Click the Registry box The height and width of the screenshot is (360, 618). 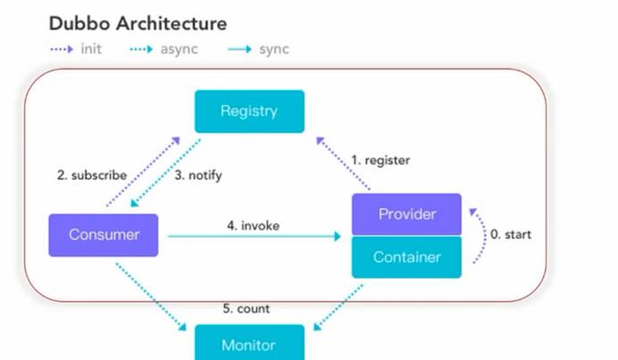click(249, 111)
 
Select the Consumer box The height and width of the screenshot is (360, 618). click(104, 235)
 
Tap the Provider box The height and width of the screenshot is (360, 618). click(406, 214)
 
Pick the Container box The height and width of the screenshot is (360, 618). click(406, 257)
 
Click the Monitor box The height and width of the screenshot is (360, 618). click(249, 342)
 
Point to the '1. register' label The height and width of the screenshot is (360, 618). click(380, 160)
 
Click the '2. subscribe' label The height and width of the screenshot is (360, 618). click(92, 175)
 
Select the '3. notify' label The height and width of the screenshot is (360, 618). click(198, 175)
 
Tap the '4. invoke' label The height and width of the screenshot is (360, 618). click(253, 225)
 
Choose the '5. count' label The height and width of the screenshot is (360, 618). click(246, 308)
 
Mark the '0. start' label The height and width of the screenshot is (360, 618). click(511, 234)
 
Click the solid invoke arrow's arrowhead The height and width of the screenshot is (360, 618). click(338, 236)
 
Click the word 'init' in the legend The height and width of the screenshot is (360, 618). click(91, 49)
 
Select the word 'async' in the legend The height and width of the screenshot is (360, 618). click(179, 49)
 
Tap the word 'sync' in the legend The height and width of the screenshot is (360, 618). click(274, 49)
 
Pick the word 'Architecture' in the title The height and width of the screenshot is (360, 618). click(171, 23)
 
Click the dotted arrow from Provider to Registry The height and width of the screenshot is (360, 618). click(343, 163)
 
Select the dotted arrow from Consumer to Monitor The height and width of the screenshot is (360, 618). click(151, 297)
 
